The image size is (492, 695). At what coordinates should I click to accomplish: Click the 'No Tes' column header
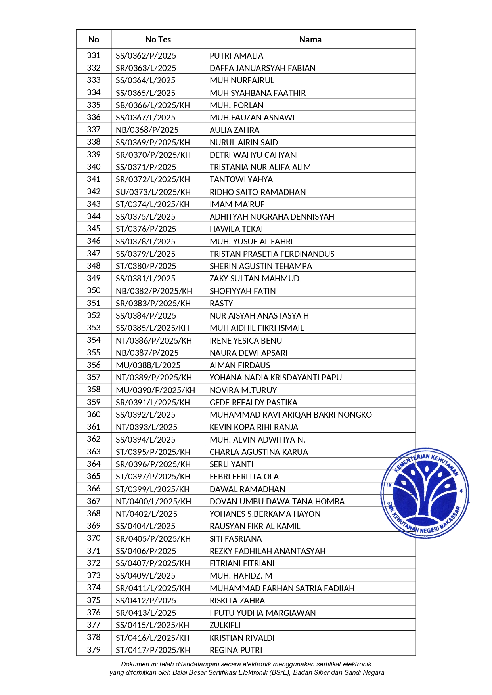(x=158, y=39)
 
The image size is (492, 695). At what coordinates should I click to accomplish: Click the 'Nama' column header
(x=310, y=39)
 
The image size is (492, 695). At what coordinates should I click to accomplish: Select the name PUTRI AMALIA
(x=236, y=56)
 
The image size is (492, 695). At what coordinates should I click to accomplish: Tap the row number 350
(x=94, y=290)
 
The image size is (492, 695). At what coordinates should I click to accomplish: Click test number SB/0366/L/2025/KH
(x=153, y=105)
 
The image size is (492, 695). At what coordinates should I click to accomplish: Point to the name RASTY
(x=221, y=304)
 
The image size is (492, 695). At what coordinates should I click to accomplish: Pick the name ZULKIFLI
(x=225, y=625)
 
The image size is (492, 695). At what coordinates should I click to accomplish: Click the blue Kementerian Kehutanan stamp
(x=425, y=493)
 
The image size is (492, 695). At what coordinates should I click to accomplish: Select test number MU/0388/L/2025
(x=148, y=365)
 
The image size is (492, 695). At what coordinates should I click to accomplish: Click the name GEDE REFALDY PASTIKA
(x=253, y=403)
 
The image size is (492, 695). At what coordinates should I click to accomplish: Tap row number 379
(x=94, y=650)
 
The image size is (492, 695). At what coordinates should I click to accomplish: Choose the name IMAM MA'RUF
(x=237, y=204)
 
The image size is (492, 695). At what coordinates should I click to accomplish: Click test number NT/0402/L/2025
(x=146, y=514)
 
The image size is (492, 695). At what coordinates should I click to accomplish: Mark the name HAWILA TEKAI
(x=236, y=229)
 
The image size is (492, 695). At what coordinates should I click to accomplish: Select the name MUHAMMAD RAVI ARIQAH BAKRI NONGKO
(x=291, y=415)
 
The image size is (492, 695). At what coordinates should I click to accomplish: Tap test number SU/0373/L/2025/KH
(x=153, y=192)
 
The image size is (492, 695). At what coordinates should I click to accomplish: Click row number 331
(x=94, y=55)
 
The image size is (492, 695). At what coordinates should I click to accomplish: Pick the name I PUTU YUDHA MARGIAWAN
(x=262, y=613)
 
